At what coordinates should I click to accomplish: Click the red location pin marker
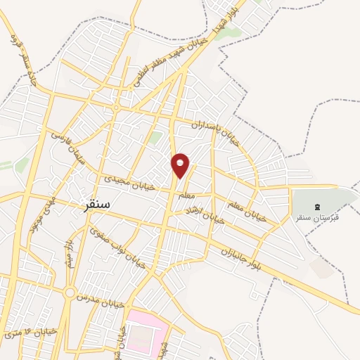pyautogui.click(x=180, y=165)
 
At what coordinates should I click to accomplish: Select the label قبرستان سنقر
pyautogui.click(x=316, y=217)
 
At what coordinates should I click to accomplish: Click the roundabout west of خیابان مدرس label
pyautogui.click(x=70, y=292)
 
